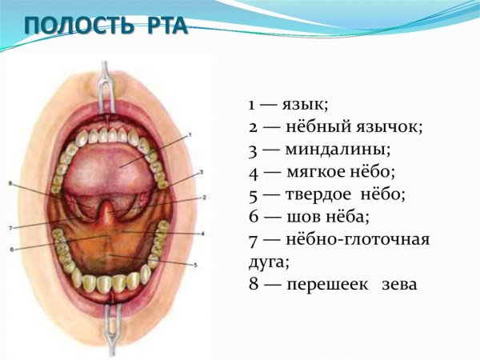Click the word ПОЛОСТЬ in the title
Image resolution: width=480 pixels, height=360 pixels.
(x=74, y=26)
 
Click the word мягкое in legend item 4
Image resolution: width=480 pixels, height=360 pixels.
(x=313, y=171)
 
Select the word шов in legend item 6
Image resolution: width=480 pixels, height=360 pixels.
(x=298, y=216)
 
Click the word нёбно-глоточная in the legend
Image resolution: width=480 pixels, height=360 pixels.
(x=357, y=238)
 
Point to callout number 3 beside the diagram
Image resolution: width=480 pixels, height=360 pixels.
(x=202, y=172)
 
